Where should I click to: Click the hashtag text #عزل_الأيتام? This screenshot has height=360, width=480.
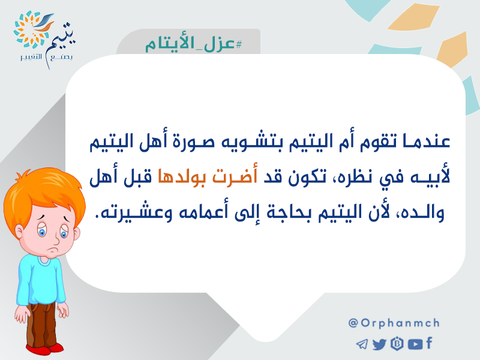[193, 44]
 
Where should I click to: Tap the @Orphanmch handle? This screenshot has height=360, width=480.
[394, 323]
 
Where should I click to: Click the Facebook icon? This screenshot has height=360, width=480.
[429, 343]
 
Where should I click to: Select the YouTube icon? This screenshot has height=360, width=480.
[415, 344]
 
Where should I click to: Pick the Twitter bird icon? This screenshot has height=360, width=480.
[380, 344]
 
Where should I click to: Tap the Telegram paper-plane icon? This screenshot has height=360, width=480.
[362, 344]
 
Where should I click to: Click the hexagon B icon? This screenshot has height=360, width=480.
[397, 344]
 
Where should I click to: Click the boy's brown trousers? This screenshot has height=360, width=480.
[41, 325]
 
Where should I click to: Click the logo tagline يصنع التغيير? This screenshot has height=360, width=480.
[46, 58]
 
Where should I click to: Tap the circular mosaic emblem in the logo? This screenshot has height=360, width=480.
[30, 29]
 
